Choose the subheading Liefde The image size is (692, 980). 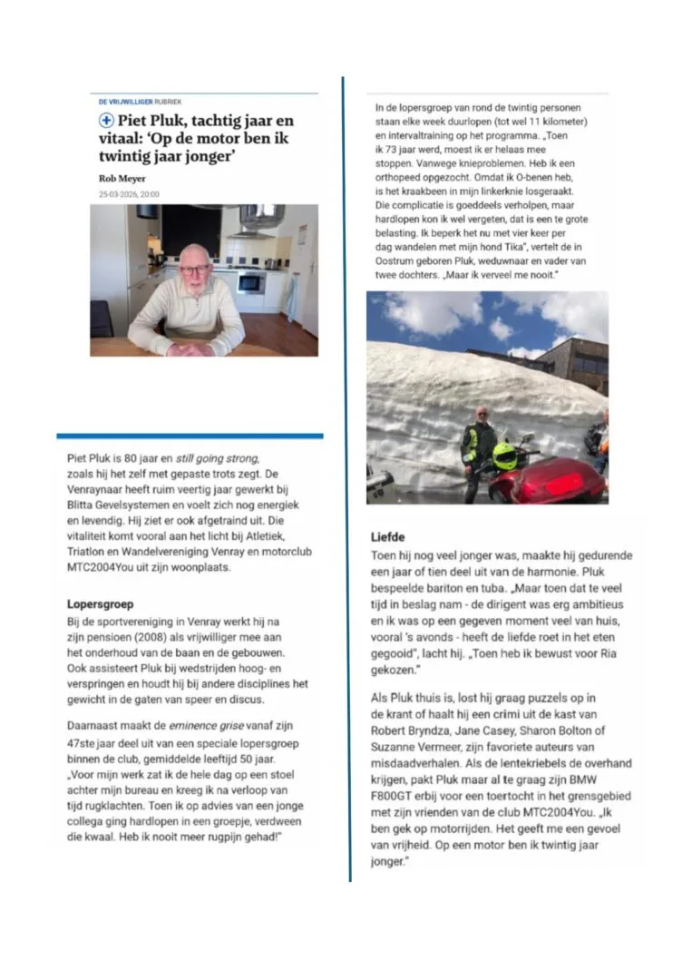point(387,536)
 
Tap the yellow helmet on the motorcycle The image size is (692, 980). point(504,455)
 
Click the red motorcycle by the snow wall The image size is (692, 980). point(548,480)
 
